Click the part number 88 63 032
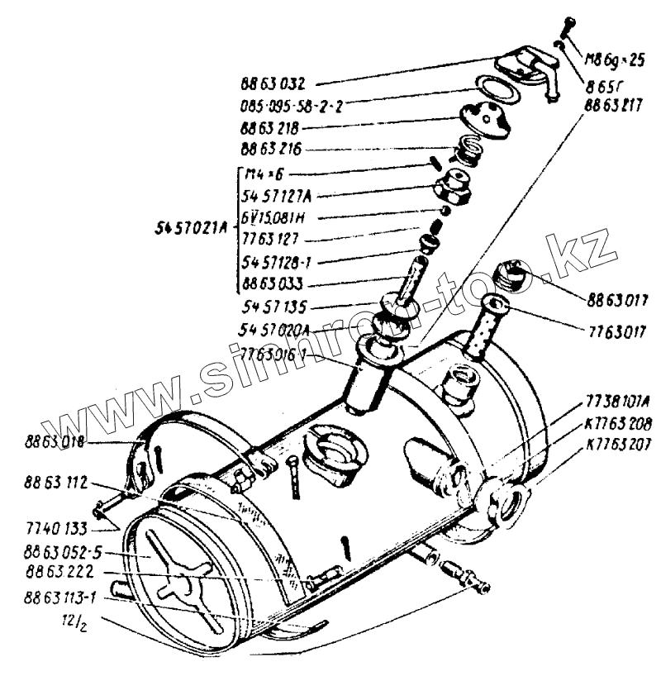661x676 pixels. (273, 83)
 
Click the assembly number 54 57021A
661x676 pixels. (189, 229)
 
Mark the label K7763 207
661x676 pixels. (616, 443)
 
